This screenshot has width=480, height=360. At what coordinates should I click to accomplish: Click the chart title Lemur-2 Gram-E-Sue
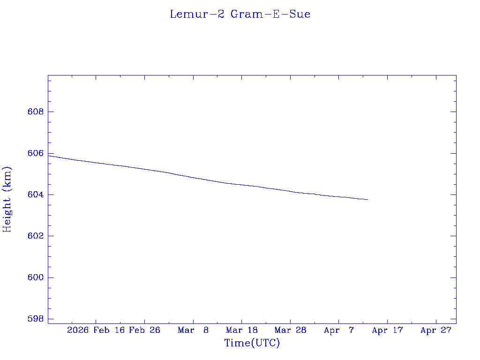pyautogui.click(x=240, y=14)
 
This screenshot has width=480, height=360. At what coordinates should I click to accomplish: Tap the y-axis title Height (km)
pyautogui.click(x=7, y=199)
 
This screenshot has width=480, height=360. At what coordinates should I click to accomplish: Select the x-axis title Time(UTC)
pyautogui.click(x=252, y=343)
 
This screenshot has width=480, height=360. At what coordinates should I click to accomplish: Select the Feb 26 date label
pyautogui.click(x=144, y=330)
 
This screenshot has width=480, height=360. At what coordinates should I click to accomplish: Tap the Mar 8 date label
pyautogui.click(x=193, y=330)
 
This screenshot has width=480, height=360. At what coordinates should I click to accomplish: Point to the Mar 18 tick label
pyautogui.click(x=242, y=330)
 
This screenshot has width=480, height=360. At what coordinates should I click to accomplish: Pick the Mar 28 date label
pyautogui.click(x=291, y=330)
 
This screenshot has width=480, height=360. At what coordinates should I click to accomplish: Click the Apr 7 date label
pyautogui.click(x=339, y=330)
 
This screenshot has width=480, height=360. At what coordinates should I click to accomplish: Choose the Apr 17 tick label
pyautogui.click(x=388, y=330)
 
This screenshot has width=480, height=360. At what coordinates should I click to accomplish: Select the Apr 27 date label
pyautogui.click(x=436, y=330)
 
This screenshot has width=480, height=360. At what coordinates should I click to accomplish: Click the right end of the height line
pyautogui.click(x=367, y=199)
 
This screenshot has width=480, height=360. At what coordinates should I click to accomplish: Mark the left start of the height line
pyautogui.click(x=49, y=155)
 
